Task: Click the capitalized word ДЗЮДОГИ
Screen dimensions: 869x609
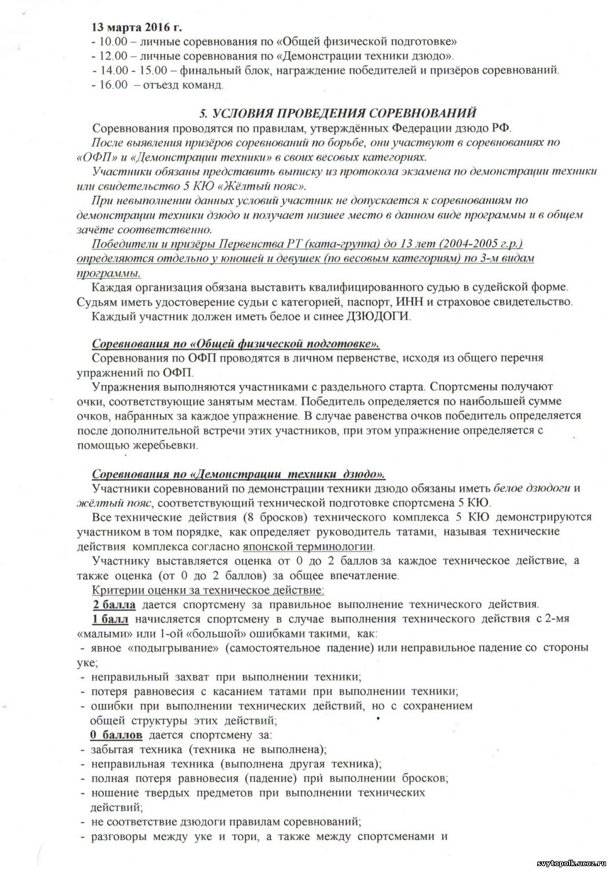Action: click(378, 316)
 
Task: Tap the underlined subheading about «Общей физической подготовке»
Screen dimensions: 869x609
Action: click(236, 344)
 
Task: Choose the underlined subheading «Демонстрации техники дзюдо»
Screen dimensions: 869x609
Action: click(238, 474)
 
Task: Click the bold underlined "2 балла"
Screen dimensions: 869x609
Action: click(114, 605)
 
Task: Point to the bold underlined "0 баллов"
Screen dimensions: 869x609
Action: click(116, 735)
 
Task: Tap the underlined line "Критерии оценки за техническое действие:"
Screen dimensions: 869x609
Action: click(208, 590)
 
